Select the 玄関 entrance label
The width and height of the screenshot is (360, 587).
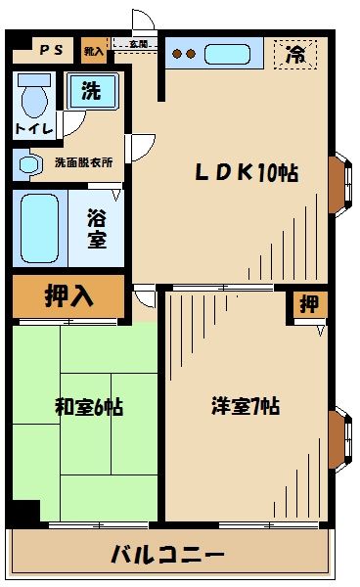pyautogui.click(x=137, y=45)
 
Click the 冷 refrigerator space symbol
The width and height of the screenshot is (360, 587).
pyautogui.click(x=293, y=55)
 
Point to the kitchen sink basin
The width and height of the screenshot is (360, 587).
pyautogui.click(x=233, y=53)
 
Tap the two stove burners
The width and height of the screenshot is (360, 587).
pyautogui.click(x=184, y=54)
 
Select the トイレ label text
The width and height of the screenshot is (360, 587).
pyautogui.click(x=35, y=128)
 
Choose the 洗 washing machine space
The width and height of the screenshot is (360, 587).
pyautogui.click(x=91, y=93)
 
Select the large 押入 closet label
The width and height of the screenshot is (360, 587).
pyautogui.click(x=68, y=296)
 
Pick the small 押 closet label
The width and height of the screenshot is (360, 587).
pyautogui.click(x=308, y=305)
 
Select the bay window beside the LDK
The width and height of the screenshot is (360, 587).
pyautogui.click(x=338, y=184)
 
